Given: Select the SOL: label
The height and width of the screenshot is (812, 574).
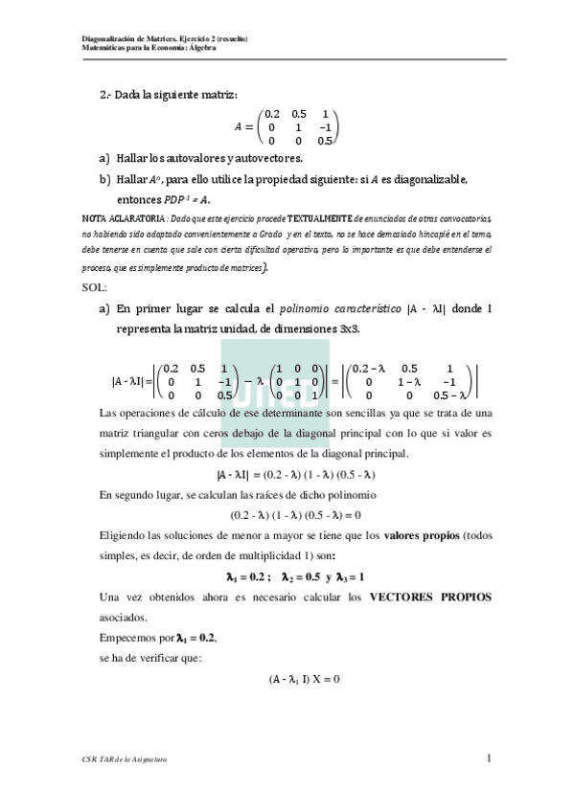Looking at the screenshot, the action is pyautogui.click(x=97, y=286).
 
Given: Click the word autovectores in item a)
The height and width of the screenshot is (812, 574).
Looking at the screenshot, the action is pyautogui.click(x=263, y=158).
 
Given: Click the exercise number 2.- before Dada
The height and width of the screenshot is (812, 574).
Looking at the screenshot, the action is pyautogui.click(x=105, y=93).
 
